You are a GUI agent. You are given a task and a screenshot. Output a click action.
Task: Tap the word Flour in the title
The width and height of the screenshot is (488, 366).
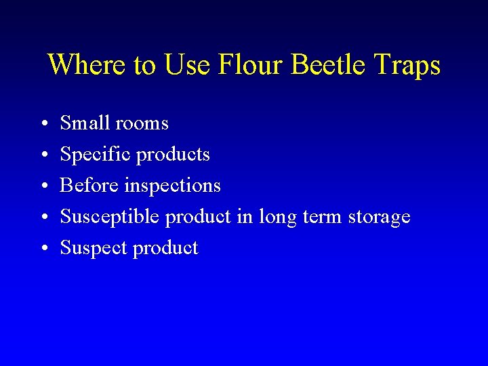pos(251,65)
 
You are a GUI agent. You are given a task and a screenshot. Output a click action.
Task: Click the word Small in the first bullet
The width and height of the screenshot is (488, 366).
pos(85,123)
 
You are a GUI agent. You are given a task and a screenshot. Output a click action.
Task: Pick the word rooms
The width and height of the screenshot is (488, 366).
pos(142,123)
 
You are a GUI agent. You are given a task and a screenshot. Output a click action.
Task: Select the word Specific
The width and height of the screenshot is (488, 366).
pos(96,155)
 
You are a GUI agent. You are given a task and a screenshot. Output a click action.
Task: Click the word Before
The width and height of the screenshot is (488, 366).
pos(89,185)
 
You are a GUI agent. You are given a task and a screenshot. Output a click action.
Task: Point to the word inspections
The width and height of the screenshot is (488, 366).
pos(173,186)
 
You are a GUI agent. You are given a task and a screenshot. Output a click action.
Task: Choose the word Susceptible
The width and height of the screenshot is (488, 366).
pos(110,217)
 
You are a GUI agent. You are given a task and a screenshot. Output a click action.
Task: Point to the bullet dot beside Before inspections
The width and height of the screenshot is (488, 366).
pos(42,186)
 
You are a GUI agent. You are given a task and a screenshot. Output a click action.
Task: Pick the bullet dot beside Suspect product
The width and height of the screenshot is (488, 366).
pos(42,249)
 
